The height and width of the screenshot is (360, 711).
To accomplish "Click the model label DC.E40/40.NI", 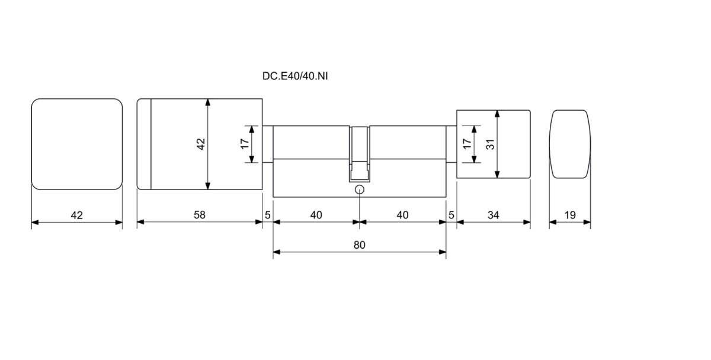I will (x=294, y=76).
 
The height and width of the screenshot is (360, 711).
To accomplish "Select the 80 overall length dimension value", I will (x=360, y=245).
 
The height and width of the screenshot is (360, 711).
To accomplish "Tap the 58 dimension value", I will (x=199, y=215).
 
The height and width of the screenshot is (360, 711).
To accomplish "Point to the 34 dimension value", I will (x=493, y=215).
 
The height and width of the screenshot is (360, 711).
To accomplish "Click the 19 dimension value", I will (x=570, y=215).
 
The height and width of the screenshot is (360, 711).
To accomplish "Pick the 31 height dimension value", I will (x=490, y=143).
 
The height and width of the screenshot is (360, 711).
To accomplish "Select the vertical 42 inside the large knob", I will (x=200, y=144).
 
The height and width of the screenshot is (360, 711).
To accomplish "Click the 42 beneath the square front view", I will (x=76, y=215).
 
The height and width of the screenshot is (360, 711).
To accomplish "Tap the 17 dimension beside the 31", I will (x=466, y=143).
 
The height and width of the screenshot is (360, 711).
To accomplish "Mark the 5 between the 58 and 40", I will (x=268, y=215).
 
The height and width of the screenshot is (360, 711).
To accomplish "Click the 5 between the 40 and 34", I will (x=451, y=215).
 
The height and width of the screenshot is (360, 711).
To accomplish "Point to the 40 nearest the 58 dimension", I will (x=316, y=215).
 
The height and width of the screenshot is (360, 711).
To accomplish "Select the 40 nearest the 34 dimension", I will (x=402, y=215).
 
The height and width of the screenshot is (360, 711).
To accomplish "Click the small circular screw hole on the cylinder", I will (x=359, y=190).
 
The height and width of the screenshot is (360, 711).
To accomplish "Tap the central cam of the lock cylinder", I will (x=359, y=155).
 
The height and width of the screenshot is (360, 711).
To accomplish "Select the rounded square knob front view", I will (x=76, y=144).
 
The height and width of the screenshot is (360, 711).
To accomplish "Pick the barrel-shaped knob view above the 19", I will (x=570, y=144).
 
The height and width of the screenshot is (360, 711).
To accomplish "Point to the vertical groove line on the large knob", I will (x=150, y=144).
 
